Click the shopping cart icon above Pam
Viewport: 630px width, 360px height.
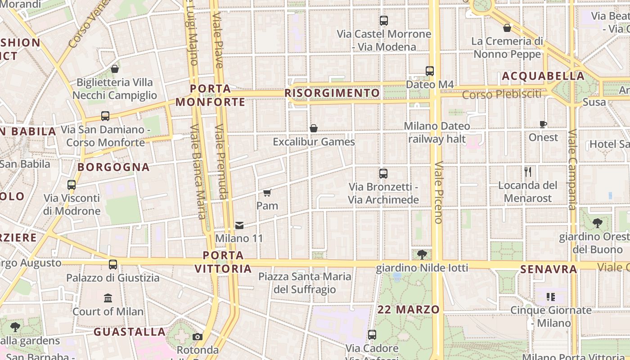click(x=267, y=193)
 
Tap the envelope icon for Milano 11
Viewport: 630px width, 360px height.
click(x=239, y=225)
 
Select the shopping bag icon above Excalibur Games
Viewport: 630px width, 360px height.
click(x=314, y=129)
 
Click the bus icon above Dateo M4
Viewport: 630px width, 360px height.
click(x=430, y=71)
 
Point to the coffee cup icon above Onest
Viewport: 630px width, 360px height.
click(x=543, y=124)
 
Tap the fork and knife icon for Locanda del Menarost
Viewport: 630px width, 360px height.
click(x=528, y=172)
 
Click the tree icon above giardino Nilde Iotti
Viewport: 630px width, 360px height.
click(x=422, y=255)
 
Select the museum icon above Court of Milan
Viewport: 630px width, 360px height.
click(x=108, y=298)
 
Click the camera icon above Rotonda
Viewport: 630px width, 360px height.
click(x=197, y=337)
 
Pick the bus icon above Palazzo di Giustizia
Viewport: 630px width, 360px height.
click(x=113, y=265)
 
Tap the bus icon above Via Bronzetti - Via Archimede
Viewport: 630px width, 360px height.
click(x=383, y=174)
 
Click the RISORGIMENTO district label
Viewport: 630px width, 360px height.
click(x=333, y=93)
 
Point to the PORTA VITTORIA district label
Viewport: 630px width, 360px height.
click(x=223, y=262)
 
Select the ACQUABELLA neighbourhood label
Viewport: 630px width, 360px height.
click(x=543, y=76)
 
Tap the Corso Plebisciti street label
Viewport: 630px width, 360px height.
click(x=502, y=94)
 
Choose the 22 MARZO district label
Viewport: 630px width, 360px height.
click(x=409, y=310)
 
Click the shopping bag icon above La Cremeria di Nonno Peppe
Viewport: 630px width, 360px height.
click(x=507, y=28)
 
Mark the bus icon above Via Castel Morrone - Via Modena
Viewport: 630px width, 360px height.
click(x=384, y=21)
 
